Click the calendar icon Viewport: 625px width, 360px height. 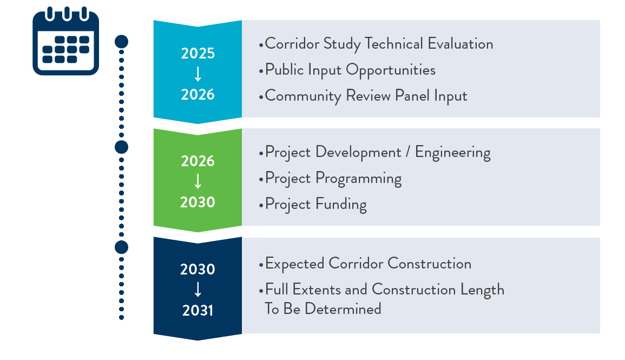click(66, 41)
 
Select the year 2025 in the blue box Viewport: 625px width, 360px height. click(198, 54)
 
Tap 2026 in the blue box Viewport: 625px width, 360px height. click(198, 95)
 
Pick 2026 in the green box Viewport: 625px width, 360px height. click(198, 161)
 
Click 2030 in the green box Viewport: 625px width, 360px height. click(198, 202)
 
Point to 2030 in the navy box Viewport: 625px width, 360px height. click(198, 270)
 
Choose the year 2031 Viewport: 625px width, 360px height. click(198, 311)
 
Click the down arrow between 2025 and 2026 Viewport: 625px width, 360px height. click(198, 74)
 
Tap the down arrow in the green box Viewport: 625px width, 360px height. click(198, 181)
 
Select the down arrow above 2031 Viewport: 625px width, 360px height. click(198, 290)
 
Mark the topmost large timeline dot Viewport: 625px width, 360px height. click(122, 42)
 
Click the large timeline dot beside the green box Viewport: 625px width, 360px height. click(122, 147)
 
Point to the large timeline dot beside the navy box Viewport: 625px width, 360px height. click(122, 247)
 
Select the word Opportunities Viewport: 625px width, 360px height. click(391, 70)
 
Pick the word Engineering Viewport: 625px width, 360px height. click(453, 153)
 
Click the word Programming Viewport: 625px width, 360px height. click(358, 179)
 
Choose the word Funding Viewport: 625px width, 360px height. click(341, 205)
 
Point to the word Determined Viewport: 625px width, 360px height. click(343, 309)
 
